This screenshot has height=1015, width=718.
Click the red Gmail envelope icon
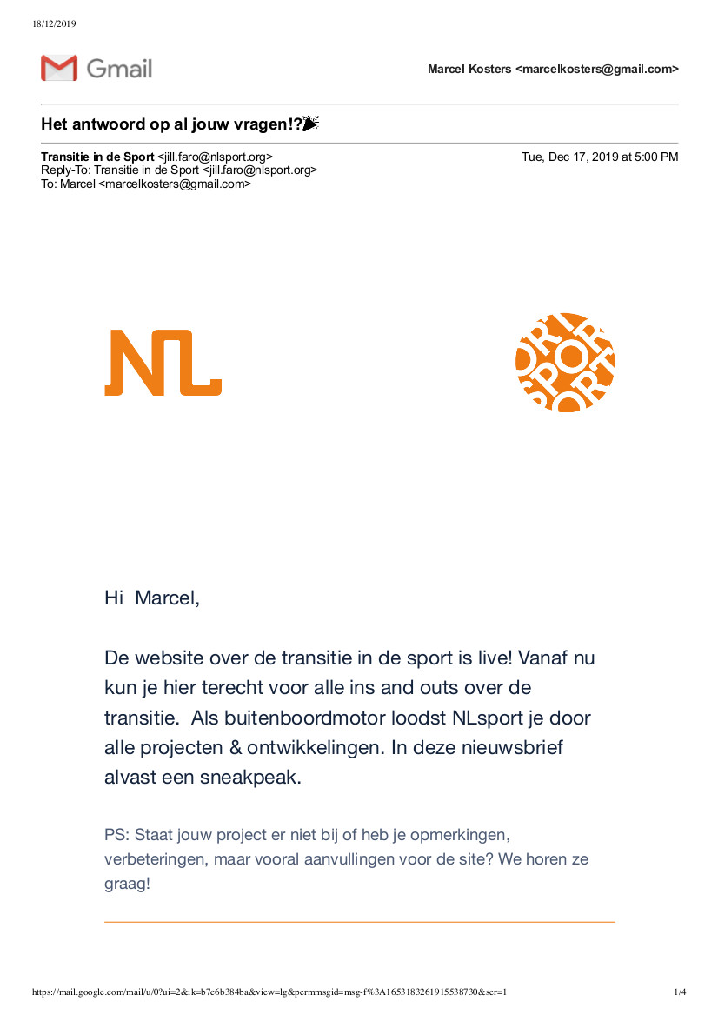tap(59, 68)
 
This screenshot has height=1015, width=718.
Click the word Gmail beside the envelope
tap(119, 69)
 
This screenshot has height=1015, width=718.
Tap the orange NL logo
tap(163, 363)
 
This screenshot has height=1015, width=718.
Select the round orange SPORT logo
tap(565, 362)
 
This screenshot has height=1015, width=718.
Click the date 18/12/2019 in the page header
tap(54, 23)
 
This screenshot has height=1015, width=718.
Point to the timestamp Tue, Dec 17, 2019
tap(600, 157)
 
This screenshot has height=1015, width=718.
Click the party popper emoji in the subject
tap(311, 124)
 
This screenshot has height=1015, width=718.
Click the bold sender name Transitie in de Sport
tap(97, 157)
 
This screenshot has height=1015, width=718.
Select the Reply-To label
tap(65, 170)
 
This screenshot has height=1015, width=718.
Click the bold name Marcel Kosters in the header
tap(469, 70)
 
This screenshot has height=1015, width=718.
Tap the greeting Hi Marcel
tap(151, 598)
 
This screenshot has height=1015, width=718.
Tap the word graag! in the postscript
tap(127, 884)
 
